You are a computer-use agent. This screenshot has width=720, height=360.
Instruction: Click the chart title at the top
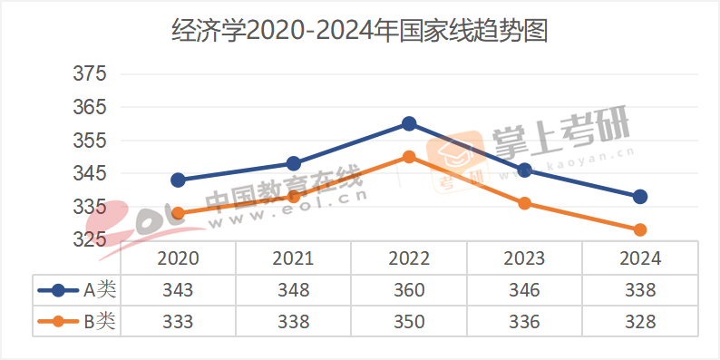(360, 33)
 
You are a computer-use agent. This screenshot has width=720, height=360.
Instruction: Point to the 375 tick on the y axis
(89, 73)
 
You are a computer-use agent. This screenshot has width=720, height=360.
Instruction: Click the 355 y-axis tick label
(89, 141)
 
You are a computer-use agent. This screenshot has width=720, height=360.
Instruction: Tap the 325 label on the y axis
(89, 240)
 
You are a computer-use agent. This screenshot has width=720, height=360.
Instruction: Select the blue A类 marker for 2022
(409, 123)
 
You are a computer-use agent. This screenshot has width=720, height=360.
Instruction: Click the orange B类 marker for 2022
(409, 157)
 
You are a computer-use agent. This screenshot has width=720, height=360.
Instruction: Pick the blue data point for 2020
(178, 180)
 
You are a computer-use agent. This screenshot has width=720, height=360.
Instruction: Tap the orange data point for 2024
(640, 230)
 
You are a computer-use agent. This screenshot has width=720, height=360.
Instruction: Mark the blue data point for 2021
(293, 164)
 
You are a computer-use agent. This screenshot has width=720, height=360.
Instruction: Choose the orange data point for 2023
(525, 203)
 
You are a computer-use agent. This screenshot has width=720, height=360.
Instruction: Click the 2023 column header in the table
(525, 258)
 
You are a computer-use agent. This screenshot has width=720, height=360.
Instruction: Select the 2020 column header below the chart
(178, 258)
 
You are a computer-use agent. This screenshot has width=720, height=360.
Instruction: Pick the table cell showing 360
(409, 290)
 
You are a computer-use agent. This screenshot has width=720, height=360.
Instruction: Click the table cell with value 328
(640, 321)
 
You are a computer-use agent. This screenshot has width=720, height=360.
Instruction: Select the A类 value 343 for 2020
(178, 290)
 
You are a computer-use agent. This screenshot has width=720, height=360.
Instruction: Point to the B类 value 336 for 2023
(525, 321)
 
